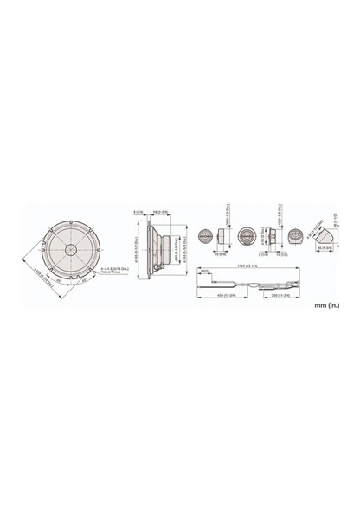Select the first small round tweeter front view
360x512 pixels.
[x=205, y=236]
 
